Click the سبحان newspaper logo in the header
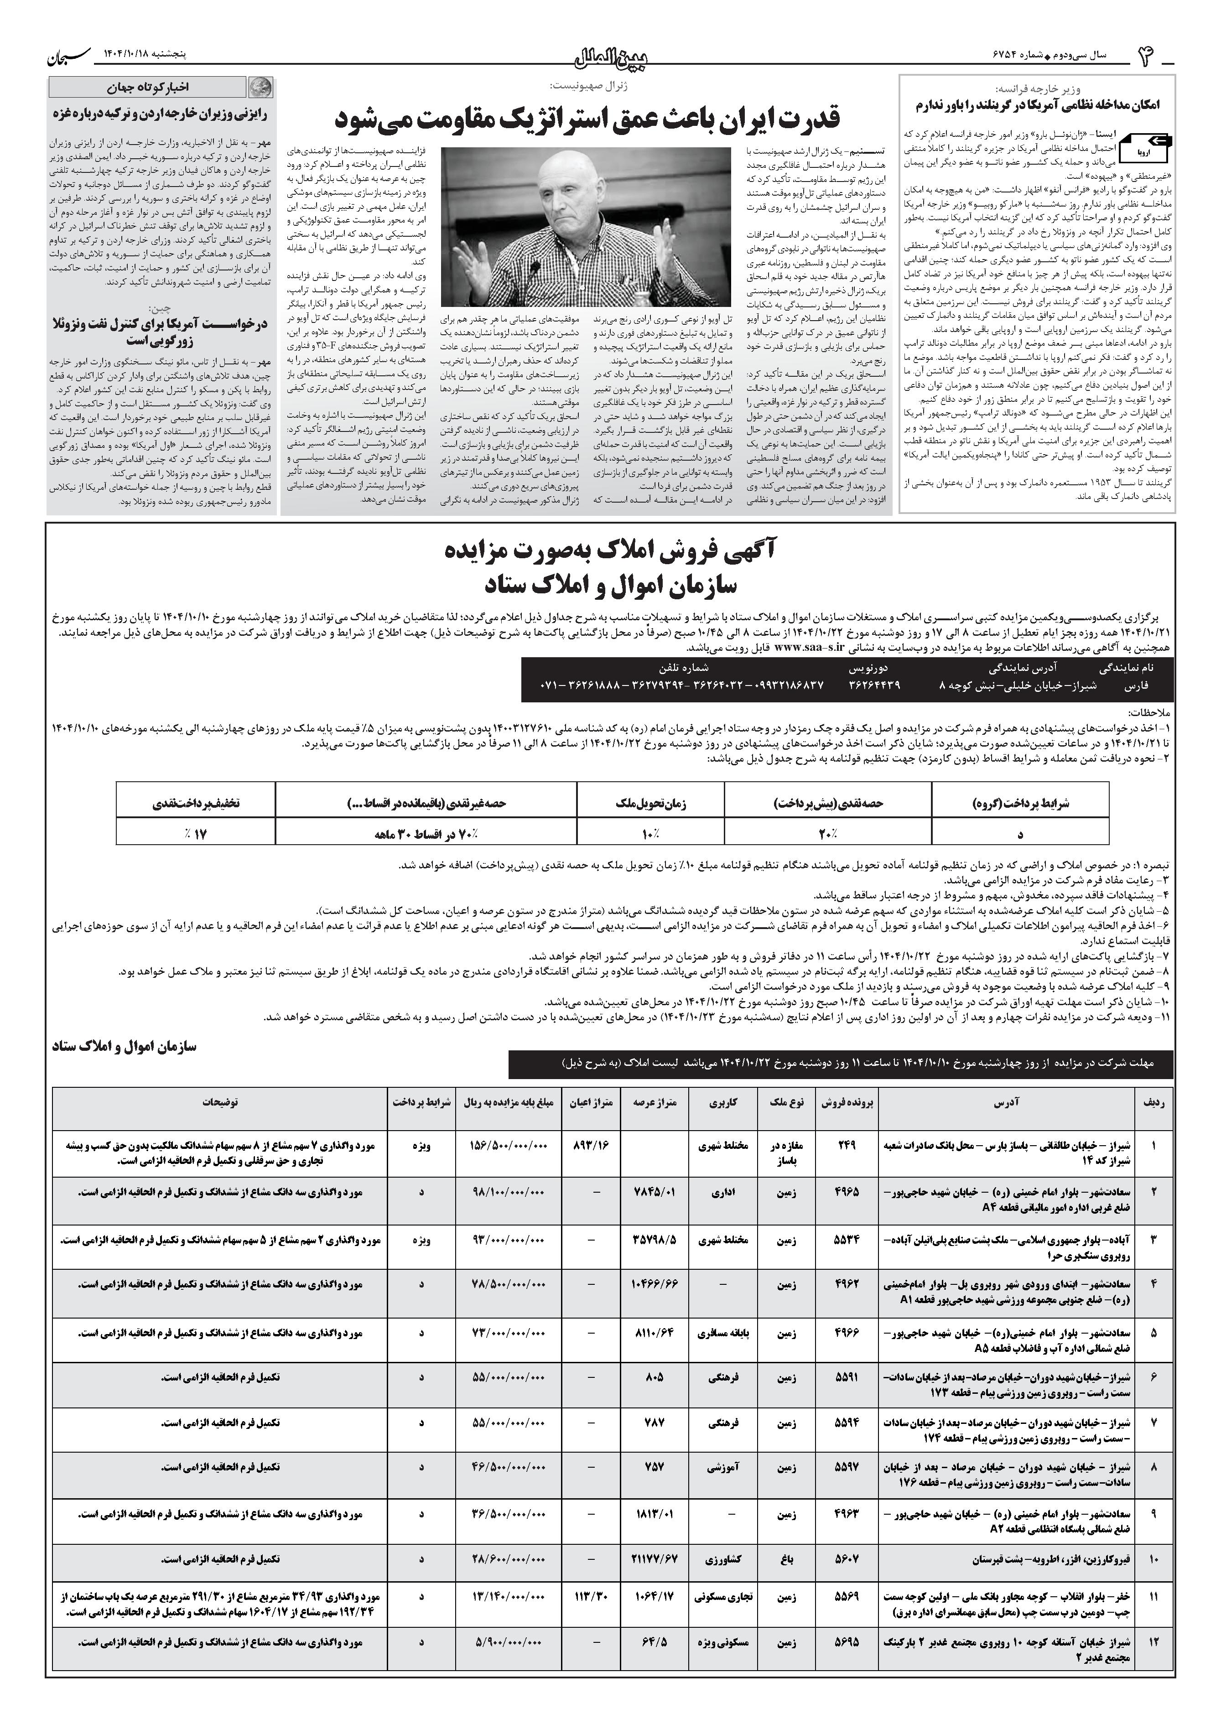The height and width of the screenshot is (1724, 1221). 69,55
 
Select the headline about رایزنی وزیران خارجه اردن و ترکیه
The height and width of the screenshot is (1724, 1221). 161,114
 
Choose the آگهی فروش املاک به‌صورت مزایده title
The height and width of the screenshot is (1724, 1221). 610,553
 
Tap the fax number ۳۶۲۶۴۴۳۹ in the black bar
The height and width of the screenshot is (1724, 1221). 874,685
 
